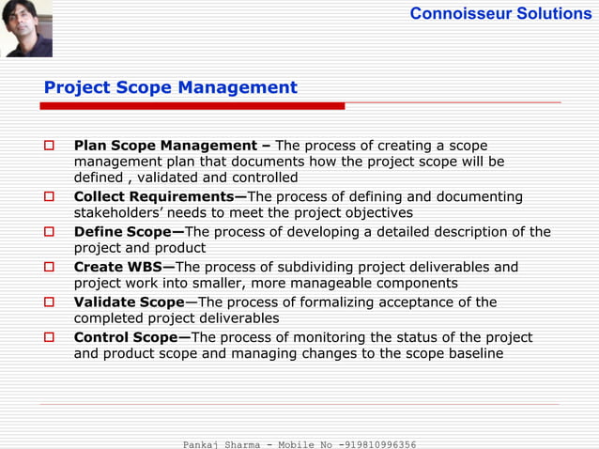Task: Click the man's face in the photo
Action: (x=26, y=29)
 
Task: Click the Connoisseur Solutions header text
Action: (x=500, y=13)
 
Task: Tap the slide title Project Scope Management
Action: (x=170, y=88)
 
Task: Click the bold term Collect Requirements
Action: (x=160, y=197)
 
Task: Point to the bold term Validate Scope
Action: (x=129, y=302)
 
